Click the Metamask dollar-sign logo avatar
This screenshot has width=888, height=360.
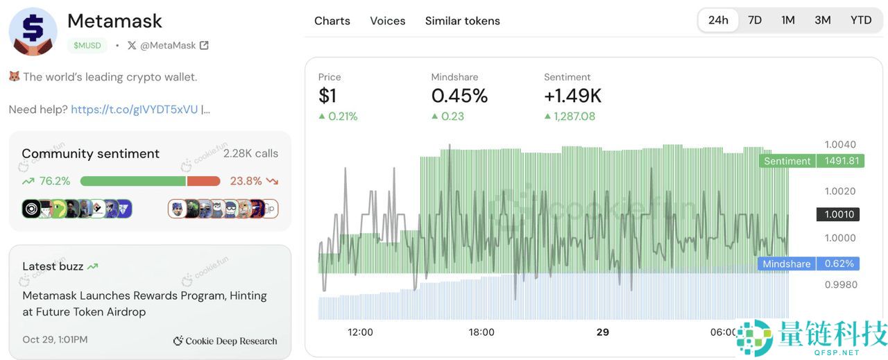click(x=33, y=32)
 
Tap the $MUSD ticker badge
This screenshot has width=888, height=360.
click(x=87, y=46)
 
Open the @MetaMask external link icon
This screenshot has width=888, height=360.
click(x=204, y=46)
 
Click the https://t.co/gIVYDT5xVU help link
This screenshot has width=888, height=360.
click(x=134, y=110)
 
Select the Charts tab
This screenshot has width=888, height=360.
click(x=332, y=21)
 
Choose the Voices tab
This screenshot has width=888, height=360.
click(x=387, y=21)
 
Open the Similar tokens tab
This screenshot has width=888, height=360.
click(x=462, y=21)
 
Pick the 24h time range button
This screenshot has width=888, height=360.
click(x=718, y=20)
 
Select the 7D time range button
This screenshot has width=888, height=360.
click(x=755, y=20)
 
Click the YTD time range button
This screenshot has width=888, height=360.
click(x=861, y=20)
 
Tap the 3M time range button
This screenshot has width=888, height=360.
click(x=823, y=20)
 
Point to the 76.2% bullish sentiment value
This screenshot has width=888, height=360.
click(x=55, y=181)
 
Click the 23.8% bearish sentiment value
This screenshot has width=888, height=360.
click(x=246, y=181)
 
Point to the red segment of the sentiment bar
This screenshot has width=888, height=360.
click(x=203, y=181)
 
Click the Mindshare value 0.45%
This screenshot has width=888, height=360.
click(x=459, y=96)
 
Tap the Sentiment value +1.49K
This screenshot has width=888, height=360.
click(x=572, y=96)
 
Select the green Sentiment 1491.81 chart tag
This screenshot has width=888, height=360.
click(x=812, y=161)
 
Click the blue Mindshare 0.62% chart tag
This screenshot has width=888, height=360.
click(x=810, y=264)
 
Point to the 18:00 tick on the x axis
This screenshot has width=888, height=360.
click(x=481, y=332)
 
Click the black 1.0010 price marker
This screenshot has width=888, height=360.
click(x=839, y=214)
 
